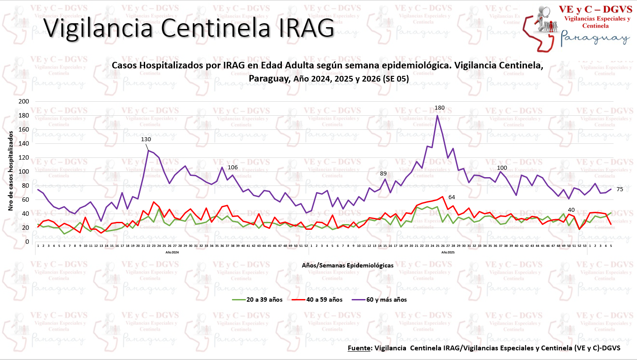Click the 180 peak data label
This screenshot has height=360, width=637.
[439, 108]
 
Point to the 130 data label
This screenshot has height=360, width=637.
[146, 139]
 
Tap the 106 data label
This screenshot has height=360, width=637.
[233, 168]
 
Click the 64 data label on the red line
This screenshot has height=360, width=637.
[452, 197]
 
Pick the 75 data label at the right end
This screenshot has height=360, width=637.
[619, 189]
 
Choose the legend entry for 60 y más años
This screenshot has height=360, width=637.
[386, 300]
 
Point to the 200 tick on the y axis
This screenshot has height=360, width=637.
[25, 101]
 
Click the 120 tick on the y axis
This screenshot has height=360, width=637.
[25, 157]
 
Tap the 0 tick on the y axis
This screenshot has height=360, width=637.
[27, 242]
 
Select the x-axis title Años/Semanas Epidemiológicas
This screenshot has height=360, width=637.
[347, 265]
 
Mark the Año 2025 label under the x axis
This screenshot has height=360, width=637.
[448, 253]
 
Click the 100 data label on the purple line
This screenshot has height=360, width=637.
[502, 168]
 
